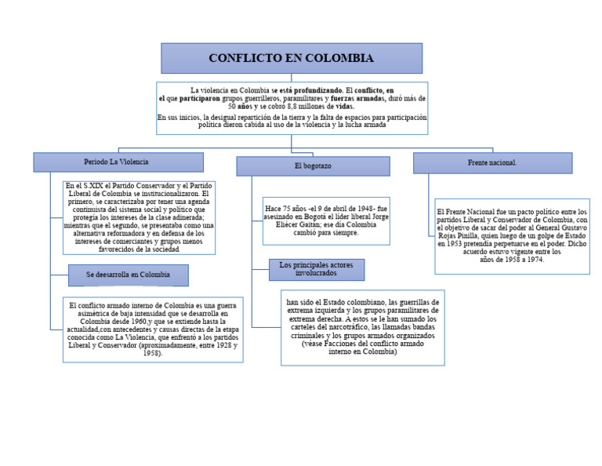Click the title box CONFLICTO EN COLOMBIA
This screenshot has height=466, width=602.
[x=292, y=59]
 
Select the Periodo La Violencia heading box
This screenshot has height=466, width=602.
[x=118, y=162]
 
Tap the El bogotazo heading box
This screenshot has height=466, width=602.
[x=313, y=166]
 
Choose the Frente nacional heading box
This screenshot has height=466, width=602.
[x=492, y=163]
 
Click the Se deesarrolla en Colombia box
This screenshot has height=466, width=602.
[x=128, y=275]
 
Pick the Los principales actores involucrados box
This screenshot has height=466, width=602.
[x=316, y=269]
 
